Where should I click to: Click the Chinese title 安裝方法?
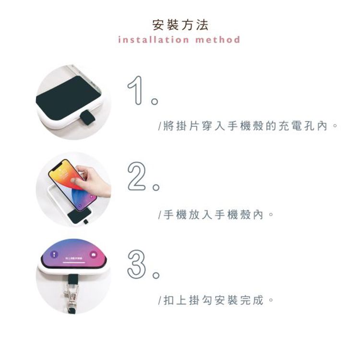coord(180,25)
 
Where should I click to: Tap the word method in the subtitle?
coord(217,39)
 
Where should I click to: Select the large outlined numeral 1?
coord(135,90)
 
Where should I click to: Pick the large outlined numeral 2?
coord(136,176)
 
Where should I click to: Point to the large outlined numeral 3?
coord(136,264)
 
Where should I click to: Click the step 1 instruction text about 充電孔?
coord(248,126)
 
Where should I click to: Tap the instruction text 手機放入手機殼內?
coord(216,215)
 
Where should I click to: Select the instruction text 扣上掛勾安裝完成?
coord(216,300)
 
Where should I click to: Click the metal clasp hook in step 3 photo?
coord(72,297)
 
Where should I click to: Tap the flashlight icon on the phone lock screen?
coord(54,254)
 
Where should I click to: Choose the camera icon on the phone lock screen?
coord(94,254)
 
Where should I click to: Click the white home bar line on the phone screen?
coord(74,263)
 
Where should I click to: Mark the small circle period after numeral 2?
coord(156,187)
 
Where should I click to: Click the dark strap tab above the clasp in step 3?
coord(73,279)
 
